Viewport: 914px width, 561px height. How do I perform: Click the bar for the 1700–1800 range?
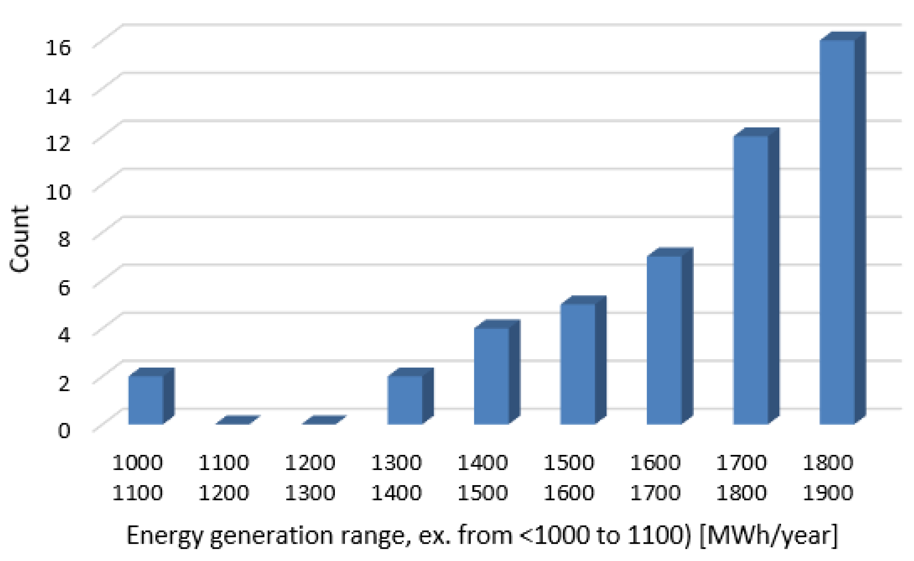751,280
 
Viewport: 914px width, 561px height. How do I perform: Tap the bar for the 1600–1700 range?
664,340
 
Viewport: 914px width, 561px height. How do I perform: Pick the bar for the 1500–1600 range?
578,364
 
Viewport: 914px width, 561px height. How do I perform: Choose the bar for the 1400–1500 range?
491,376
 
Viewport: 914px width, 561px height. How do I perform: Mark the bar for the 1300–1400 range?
405,400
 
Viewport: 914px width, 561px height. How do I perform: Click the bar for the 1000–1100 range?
146,400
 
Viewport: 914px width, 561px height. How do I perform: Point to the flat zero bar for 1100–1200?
237,420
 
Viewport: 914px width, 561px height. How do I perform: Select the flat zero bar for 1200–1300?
324,420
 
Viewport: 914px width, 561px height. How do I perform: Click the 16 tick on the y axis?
57,47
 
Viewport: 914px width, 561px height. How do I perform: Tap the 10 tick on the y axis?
57,192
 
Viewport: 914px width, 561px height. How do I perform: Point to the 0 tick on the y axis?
64,431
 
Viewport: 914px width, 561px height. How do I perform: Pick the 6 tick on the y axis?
64,287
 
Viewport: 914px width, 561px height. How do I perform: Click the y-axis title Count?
19,239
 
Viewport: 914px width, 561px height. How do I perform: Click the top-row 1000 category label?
138,462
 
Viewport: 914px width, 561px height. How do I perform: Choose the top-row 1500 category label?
569,462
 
